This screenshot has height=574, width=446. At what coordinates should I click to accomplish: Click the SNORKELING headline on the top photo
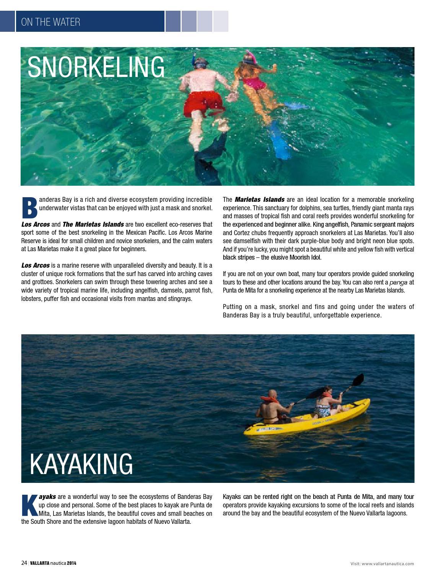[x=96, y=67]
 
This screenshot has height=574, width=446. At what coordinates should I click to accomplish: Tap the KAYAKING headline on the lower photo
[x=81, y=464]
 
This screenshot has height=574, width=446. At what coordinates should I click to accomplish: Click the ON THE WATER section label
[x=50, y=22]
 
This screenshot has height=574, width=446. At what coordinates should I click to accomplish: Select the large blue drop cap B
[x=29, y=208]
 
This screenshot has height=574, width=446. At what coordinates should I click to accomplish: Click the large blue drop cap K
[x=29, y=505]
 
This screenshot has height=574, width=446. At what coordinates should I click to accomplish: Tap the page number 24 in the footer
[x=24, y=563]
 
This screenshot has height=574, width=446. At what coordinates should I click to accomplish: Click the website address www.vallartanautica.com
[x=387, y=564]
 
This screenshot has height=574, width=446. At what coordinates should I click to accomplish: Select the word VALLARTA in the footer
[x=40, y=563]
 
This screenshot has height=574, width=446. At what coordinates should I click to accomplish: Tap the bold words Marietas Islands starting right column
[x=259, y=200]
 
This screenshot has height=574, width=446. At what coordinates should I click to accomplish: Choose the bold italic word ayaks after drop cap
[x=47, y=497]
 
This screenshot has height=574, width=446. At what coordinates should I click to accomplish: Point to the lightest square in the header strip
[x=221, y=21]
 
